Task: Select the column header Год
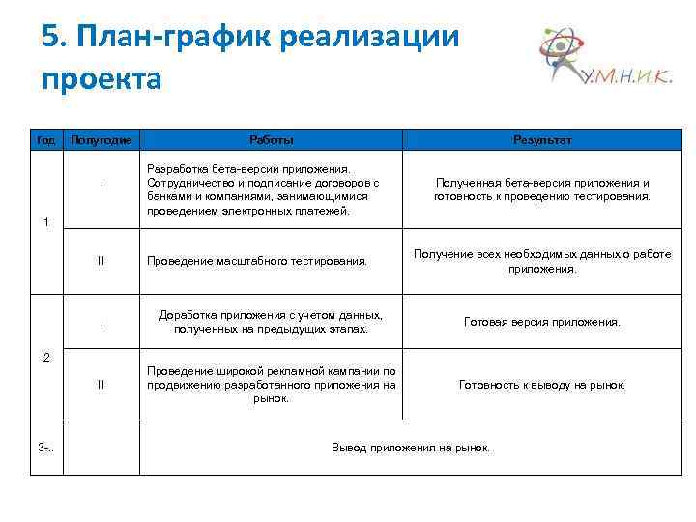tap(45, 140)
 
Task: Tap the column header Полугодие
tap(101, 140)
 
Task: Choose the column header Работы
tap(272, 140)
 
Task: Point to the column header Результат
tap(542, 140)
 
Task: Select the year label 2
tap(45, 358)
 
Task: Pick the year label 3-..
tap(45, 448)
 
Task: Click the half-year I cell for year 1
tap(101, 188)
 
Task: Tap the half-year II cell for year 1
tap(101, 260)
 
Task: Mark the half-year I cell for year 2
tap(101, 322)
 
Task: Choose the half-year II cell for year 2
tap(101, 385)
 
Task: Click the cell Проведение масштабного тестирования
tap(257, 261)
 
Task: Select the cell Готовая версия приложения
tap(542, 322)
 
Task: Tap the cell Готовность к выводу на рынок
tap(542, 385)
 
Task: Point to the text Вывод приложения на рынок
tap(411, 448)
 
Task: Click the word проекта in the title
tap(101, 77)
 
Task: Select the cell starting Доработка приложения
tap(271, 322)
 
